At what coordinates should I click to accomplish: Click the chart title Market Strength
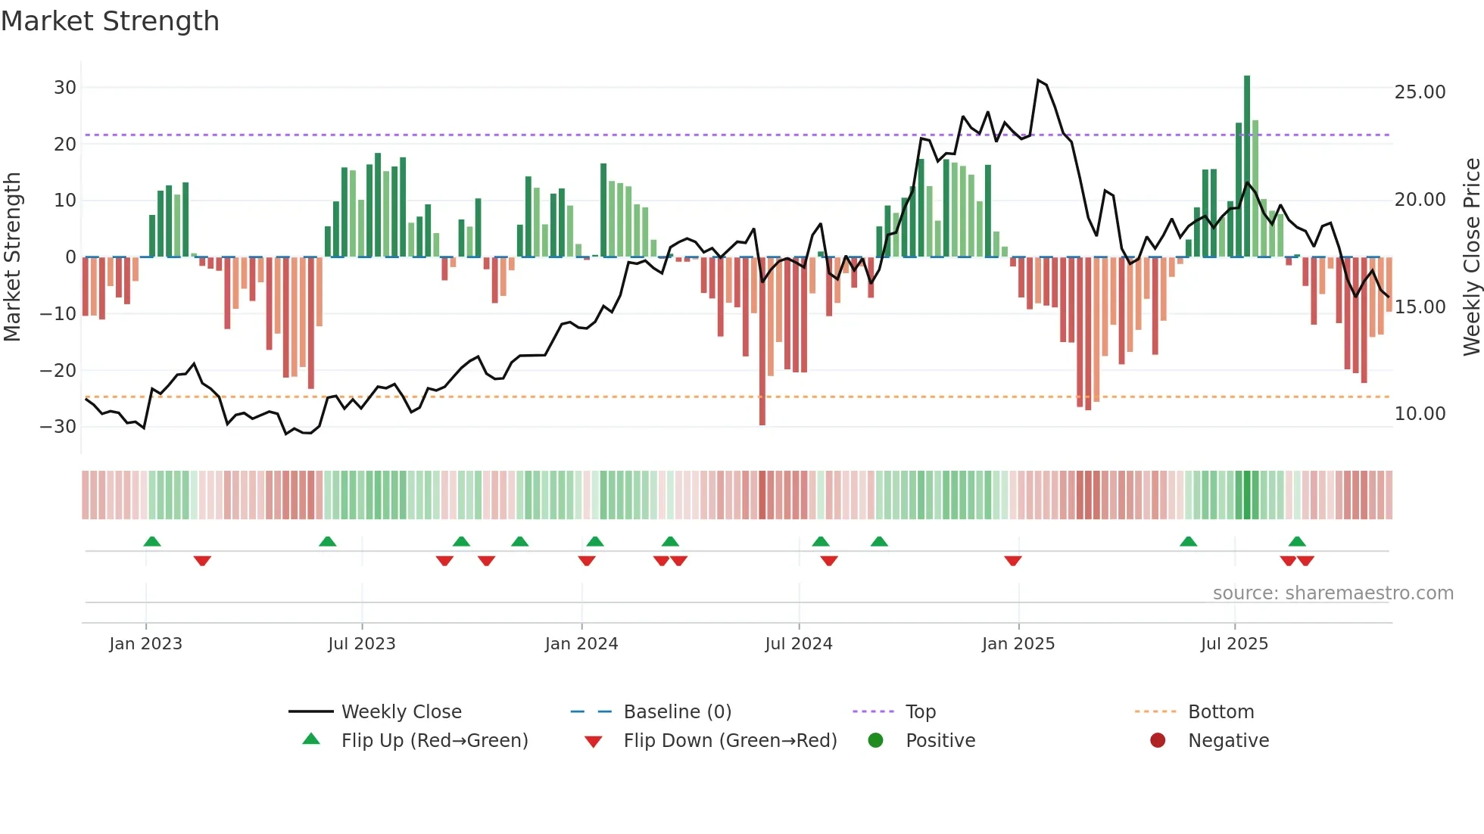pos(111,21)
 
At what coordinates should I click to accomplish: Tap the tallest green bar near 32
pos(1247,166)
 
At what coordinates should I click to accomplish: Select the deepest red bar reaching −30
pos(762,341)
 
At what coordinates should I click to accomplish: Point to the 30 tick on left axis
pos(65,88)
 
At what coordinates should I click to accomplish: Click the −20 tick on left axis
pos(58,371)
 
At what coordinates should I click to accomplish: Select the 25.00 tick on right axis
pos(1420,92)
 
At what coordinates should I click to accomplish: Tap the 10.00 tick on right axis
pos(1420,414)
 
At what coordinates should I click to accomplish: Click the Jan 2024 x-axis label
pos(581,644)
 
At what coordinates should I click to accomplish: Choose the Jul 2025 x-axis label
pos(1234,644)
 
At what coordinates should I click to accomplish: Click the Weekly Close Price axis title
pos(1471,257)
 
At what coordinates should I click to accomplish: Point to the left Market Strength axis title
pos(12,257)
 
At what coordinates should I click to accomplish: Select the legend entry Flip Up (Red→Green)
pos(434,741)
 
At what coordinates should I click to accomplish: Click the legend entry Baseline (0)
pos(677,712)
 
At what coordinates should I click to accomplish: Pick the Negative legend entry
pos(1227,741)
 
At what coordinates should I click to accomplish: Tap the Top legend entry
pos(920,712)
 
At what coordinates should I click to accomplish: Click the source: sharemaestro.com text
pos(1333,593)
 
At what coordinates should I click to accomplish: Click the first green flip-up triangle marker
pos(152,542)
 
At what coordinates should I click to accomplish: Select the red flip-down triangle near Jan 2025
pos(1013,561)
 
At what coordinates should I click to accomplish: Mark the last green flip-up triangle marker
pos(1297,542)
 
